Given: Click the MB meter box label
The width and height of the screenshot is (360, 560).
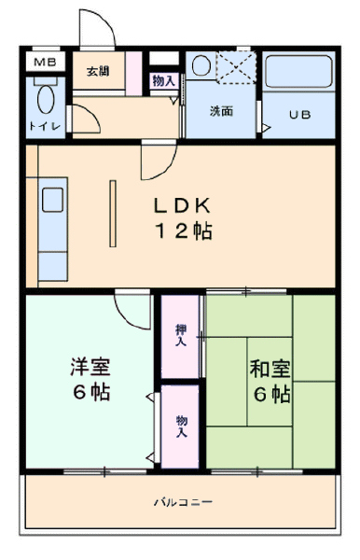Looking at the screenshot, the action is point(46,63).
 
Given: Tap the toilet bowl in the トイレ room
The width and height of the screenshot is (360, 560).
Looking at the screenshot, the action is point(46,99).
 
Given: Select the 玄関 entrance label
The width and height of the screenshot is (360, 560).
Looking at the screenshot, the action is point(98,72).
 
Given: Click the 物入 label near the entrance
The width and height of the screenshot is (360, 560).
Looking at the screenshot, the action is point(164,80).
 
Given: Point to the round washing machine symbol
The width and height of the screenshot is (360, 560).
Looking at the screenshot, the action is point(201,65).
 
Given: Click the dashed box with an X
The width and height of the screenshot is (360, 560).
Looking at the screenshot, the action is point(236,67).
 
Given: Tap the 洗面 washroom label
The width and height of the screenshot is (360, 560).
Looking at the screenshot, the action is point(221,111).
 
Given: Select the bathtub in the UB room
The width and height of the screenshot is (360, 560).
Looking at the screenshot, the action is point(299,72).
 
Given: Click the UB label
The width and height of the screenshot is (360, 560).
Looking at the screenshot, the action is point(300,115).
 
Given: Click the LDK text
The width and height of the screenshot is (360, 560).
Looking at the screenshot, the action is point(182,205).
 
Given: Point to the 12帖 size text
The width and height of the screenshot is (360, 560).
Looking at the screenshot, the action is point(184,231).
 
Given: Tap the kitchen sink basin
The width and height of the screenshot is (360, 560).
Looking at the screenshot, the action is point(53,200).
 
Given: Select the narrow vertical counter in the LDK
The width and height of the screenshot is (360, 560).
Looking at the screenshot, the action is point(113,214).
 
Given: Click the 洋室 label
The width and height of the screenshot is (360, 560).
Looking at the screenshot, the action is point(90,367).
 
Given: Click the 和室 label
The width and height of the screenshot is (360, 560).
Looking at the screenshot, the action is point(270,369).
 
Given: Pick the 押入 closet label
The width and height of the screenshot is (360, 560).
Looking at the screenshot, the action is point(181,335).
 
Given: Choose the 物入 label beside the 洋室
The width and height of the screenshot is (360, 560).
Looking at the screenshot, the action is point(182,427).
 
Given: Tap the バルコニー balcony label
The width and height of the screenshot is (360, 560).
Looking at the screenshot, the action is point(184,502).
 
